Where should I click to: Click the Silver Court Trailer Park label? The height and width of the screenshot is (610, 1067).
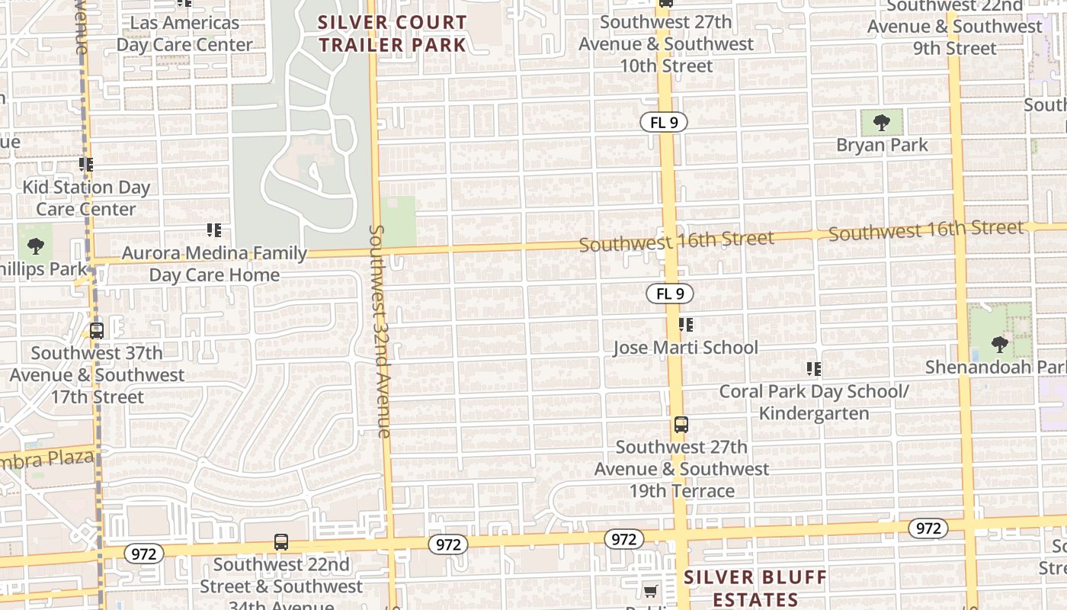pyautogui.click(x=392, y=34)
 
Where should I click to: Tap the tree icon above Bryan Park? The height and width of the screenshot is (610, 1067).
pyautogui.click(x=882, y=122)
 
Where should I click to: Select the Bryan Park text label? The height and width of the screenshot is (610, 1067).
pyautogui.click(x=882, y=145)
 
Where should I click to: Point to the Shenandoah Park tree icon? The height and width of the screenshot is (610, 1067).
pyautogui.click(x=999, y=345)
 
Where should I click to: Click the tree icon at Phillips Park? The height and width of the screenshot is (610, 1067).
pyautogui.click(x=35, y=246)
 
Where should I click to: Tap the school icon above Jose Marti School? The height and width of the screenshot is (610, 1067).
pyautogui.click(x=686, y=326)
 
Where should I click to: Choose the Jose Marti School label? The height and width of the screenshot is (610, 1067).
pyautogui.click(x=686, y=348)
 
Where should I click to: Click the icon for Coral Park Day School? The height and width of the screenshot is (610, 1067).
pyautogui.click(x=814, y=370)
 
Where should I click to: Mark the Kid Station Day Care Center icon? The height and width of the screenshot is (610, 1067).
pyautogui.click(x=86, y=165)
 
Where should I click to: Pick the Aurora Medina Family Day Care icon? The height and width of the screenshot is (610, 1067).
pyautogui.click(x=214, y=230)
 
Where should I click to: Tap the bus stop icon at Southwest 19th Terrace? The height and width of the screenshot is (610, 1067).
pyautogui.click(x=681, y=425)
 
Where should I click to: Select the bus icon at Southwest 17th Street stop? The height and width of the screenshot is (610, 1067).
pyautogui.click(x=96, y=331)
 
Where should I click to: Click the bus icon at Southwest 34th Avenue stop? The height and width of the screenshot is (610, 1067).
pyautogui.click(x=281, y=542)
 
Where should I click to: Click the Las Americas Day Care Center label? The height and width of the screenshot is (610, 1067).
pyautogui.click(x=184, y=34)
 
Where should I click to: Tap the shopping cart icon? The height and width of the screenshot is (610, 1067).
pyautogui.click(x=650, y=591)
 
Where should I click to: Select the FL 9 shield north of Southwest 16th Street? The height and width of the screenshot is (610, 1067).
pyautogui.click(x=663, y=122)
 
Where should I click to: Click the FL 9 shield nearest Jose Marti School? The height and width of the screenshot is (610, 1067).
pyautogui.click(x=670, y=294)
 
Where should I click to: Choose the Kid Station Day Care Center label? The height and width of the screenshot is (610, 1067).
pyautogui.click(x=86, y=197)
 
